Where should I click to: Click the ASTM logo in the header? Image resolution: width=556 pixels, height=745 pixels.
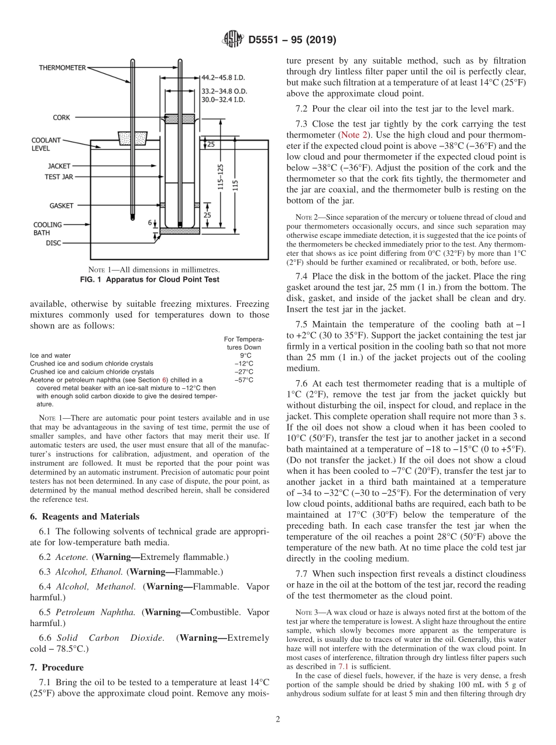pyautogui.click(x=233, y=40)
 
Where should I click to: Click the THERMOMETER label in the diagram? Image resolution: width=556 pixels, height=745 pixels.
pyautogui.click(x=63, y=68)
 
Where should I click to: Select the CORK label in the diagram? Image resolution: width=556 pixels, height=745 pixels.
pyautogui.click(x=61, y=118)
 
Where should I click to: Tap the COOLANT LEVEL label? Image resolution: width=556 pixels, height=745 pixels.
pyautogui.click(x=46, y=145)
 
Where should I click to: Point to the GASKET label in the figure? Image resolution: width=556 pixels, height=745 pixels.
pyautogui.click(x=61, y=206)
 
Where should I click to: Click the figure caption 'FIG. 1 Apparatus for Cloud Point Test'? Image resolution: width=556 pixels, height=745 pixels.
pyautogui.click(x=149, y=279)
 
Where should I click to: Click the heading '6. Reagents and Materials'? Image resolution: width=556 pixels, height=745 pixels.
pyautogui.click(x=84, y=517)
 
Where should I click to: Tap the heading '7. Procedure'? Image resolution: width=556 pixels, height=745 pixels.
pyautogui.click(x=57, y=667)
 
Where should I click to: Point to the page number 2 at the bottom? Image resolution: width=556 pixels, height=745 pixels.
pyautogui.click(x=278, y=720)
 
